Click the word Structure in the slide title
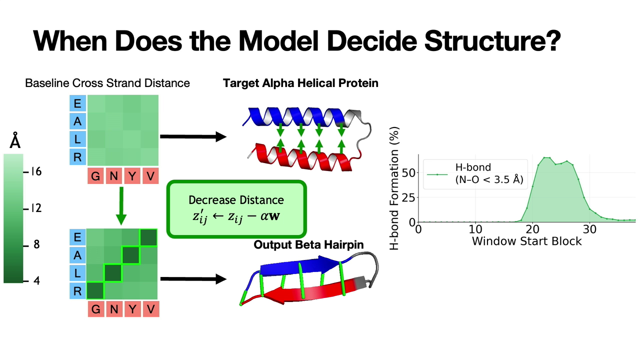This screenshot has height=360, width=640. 492,41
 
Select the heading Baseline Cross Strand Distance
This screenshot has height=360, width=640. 107,83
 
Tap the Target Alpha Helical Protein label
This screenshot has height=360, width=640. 300,83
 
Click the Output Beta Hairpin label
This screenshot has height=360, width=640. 308,245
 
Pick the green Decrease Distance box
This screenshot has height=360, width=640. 236,209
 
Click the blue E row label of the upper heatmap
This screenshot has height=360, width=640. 77,103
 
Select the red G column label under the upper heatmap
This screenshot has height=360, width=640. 95,176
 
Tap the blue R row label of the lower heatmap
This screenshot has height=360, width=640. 77,291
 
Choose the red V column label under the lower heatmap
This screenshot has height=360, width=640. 150,309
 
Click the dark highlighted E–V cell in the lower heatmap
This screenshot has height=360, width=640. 148,237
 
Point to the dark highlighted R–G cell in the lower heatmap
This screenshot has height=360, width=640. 95,290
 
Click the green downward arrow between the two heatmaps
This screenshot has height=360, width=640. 121,206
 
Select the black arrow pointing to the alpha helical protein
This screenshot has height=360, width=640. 193,136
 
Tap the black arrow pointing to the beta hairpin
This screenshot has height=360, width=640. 193,279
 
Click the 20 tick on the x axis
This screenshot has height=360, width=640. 532,229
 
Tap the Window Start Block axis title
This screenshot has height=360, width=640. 527,241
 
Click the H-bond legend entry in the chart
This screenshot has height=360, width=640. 475,173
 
